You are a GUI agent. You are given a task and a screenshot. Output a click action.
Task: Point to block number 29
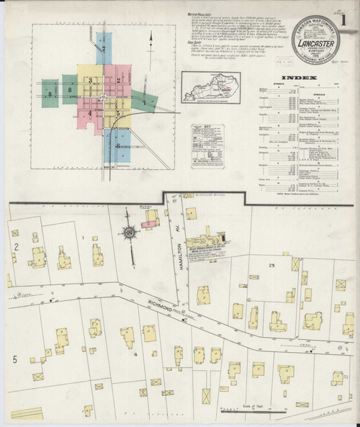pyautogui.click(x=272, y=266)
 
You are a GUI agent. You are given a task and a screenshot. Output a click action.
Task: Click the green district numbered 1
pyautogui.click(x=143, y=103)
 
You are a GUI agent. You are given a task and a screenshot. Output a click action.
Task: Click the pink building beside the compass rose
pyautogui.click(x=149, y=225)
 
